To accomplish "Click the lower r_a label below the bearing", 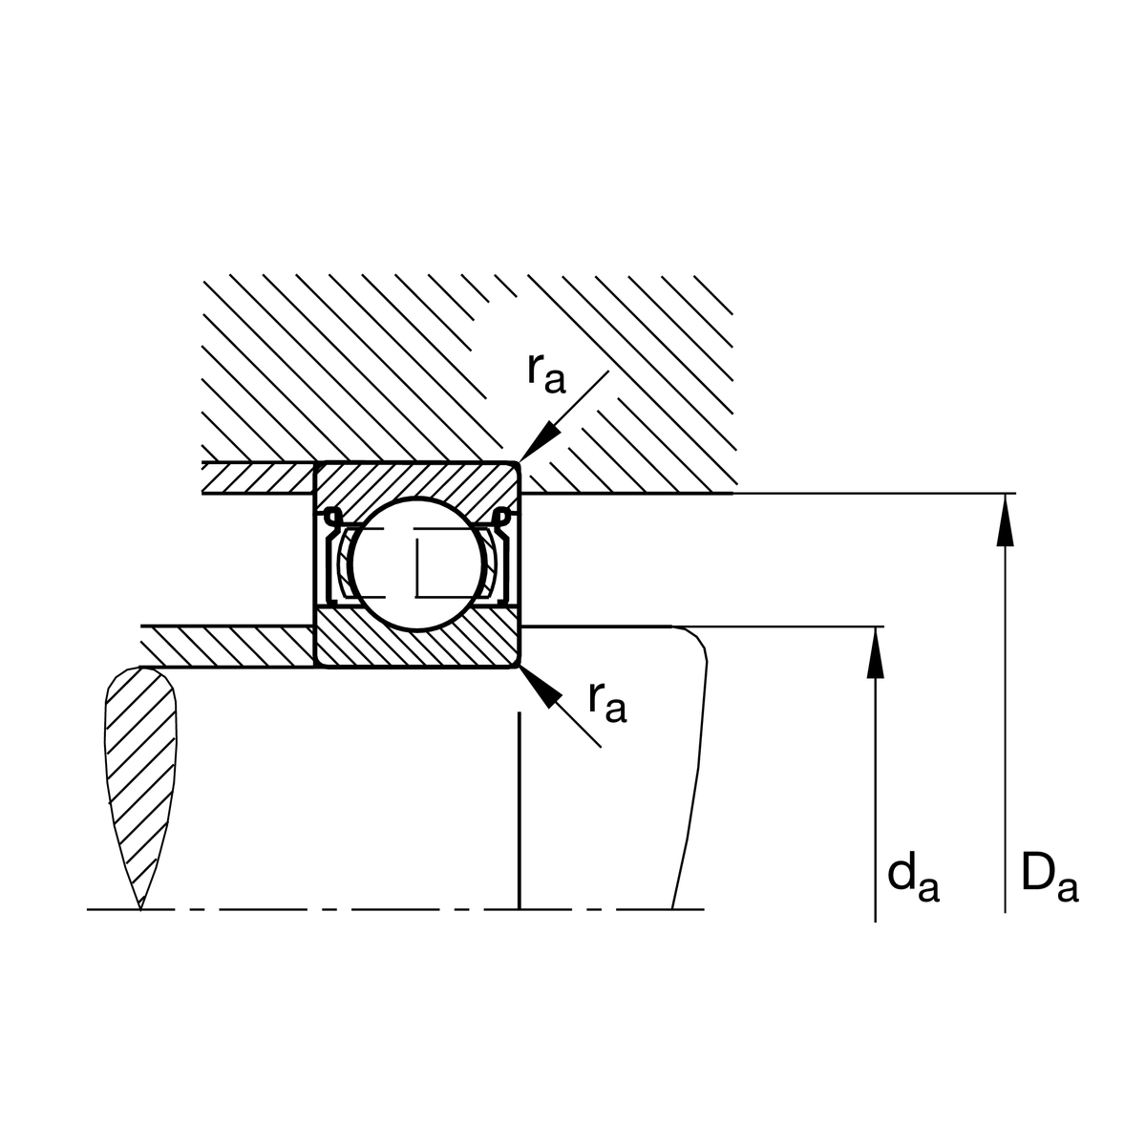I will pos(606,702).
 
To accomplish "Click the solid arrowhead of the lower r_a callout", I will pos(539,686).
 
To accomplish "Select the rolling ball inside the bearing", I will pos(415,564).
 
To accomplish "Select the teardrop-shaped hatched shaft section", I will pos(141,764).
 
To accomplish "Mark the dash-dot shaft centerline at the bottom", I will pos(382,909).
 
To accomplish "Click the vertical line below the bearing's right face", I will pos(518,812).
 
